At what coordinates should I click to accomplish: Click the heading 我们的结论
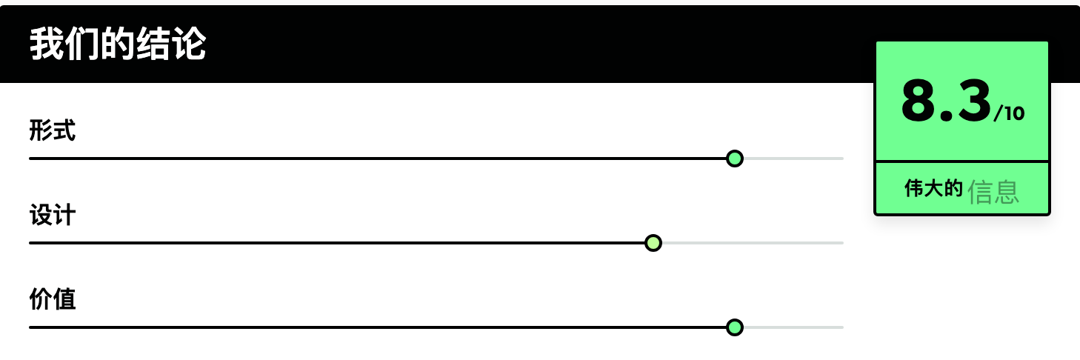pos(118,44)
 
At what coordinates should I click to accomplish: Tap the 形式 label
pos(53,130)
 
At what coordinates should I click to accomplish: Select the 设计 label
pos(53,215)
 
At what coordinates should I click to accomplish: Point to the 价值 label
pos(53,299)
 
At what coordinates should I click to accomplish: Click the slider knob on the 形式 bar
pos(734,159)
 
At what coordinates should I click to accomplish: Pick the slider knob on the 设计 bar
pos(653,243)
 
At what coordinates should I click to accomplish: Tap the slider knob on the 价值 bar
pos(734,327)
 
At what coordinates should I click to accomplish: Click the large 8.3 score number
pos(945,101)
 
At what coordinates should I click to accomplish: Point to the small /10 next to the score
pos(1009,113)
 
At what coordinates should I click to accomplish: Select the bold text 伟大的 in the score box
pos(933,188)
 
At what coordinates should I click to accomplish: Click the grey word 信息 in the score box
pos(993,191)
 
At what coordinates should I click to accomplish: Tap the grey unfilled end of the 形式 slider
pos(793,159)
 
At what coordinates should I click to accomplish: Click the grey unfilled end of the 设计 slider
pos(753,243)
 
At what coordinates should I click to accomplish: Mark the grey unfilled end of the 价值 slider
pos(793,327)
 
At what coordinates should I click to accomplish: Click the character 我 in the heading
pos(46,44)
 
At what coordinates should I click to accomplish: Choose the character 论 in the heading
pos(190,44)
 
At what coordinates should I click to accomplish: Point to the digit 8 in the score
pos(920,101)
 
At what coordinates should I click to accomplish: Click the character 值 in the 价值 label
pos(64,299)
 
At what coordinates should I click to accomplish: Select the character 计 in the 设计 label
pos(64,215)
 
